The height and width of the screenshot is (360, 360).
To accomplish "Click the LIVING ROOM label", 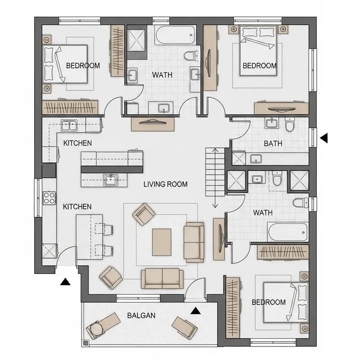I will (165, 184).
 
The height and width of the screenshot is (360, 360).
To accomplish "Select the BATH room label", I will (273, 144).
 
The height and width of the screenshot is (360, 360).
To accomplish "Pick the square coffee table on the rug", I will (162, 242).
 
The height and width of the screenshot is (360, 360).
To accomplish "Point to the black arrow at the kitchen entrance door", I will (66, 282).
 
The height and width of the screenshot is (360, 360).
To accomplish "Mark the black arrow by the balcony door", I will (195, 310).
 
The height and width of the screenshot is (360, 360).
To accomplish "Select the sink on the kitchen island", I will (110, 180).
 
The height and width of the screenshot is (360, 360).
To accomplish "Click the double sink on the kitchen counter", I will (69, 125).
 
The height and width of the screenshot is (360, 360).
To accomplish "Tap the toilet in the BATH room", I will (289, 125).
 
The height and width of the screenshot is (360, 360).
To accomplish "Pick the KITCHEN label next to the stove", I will (77, 207).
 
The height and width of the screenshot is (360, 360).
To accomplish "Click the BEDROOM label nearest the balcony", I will (269, 302).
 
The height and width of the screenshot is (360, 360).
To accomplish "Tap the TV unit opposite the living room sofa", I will (219, 239).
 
